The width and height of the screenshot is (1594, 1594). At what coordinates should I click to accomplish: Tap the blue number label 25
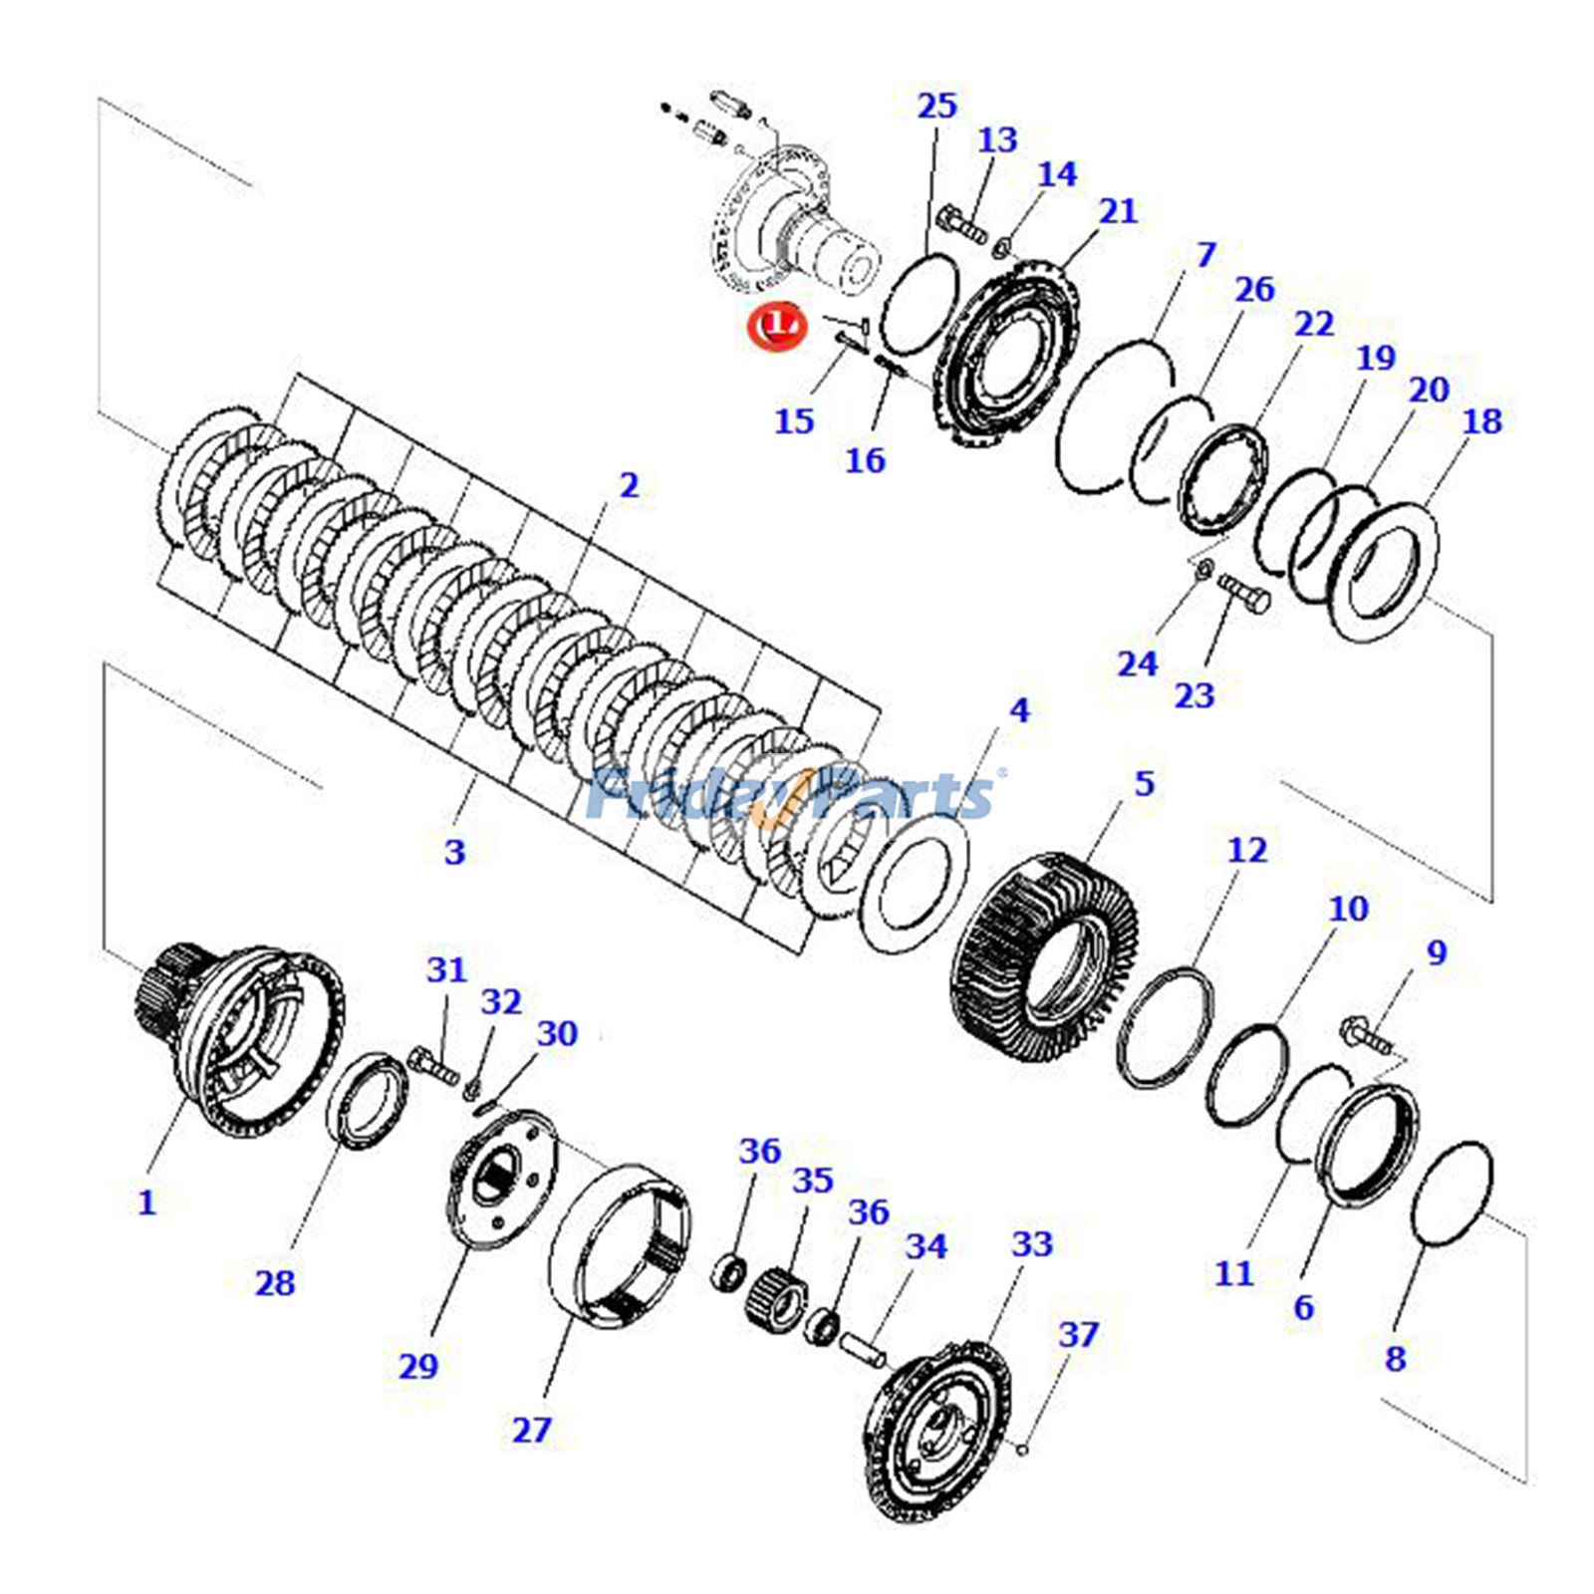[936, 106]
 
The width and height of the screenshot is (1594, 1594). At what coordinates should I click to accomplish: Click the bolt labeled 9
[1368, 1035]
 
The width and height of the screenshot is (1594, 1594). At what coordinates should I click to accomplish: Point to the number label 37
[1078, 1334]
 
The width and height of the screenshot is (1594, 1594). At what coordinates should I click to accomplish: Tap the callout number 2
[629, 485]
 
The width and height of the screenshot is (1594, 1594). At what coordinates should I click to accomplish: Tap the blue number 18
[1481, 420]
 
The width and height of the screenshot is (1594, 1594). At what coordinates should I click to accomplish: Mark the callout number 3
[454, 852]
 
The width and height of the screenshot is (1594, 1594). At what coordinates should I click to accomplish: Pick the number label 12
[1246, 850]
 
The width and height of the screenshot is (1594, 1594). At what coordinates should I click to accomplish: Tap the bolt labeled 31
[434, 1063]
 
